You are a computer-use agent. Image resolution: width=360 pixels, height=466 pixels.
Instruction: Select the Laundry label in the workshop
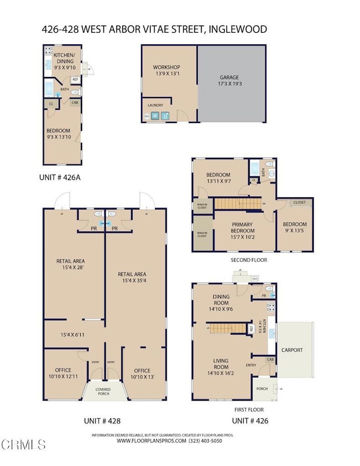[x=155, y=105]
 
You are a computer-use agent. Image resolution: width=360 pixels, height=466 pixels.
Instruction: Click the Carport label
[x=291, y=350]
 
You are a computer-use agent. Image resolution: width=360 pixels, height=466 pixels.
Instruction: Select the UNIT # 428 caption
[x=102, y=421]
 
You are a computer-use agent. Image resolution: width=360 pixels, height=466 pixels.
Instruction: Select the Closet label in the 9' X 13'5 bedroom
[x=300, y=203]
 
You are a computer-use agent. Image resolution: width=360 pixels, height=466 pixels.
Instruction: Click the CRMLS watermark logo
[x=23, y=444]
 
